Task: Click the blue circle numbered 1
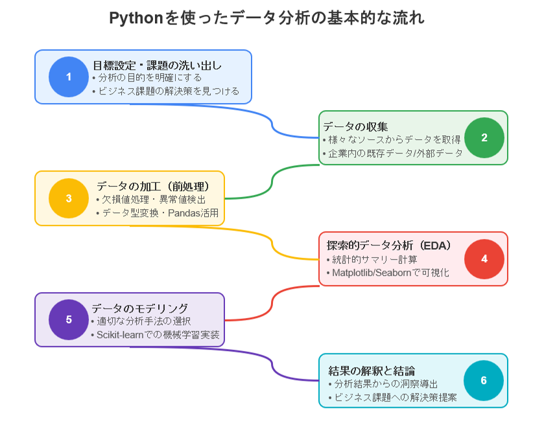[x=69, y=76]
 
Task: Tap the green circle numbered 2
[x=484, y=137]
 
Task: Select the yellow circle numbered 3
[x=69, y=198]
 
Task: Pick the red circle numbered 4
[x=484, y=259]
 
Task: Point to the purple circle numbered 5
[x=69, y=319]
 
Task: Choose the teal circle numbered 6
[x=484, y=381]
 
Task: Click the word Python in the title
[x=136, y=18]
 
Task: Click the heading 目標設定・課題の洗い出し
[x=157, y=65]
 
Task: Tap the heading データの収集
[x=355, y=126]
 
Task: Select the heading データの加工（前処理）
[x=153, y=187]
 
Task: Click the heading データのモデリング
[x=140, y=308]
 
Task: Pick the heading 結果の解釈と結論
[x=372, y=371]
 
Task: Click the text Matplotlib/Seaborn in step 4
[x=372, y=273]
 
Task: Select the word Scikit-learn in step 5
[x=120, y=335]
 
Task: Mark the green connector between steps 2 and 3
[x=272, y=181]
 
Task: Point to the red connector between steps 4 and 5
[x=272, y=303]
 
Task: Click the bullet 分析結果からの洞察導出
[x=385, y=384]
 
